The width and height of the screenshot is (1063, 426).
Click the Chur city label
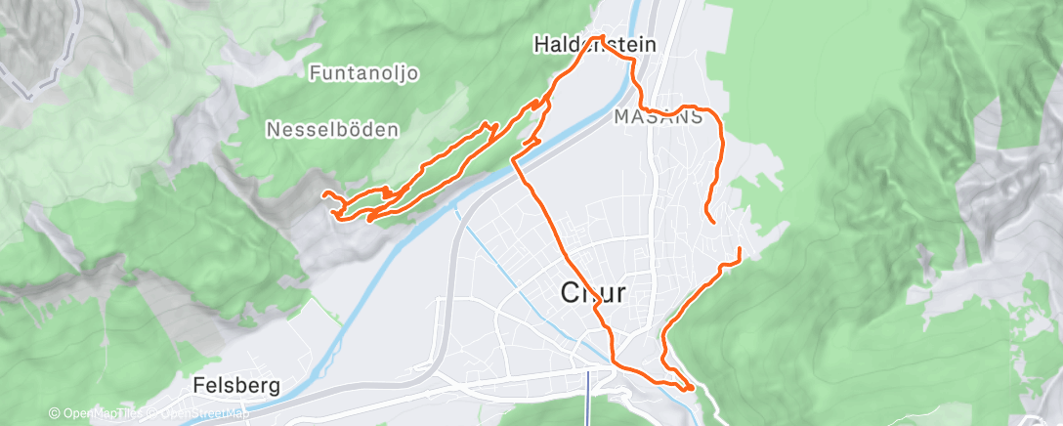[593, 292]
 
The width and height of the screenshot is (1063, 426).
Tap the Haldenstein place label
[593, 44]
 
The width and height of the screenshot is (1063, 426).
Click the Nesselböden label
[332, 128]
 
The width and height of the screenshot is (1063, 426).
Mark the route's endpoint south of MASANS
[715, 223]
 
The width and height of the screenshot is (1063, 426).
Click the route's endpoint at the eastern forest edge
[740, 250]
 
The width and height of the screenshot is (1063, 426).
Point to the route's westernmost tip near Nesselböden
[324, 194]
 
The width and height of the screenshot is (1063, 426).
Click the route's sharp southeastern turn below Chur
[691, 388]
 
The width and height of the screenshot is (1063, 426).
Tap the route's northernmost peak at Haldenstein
[601, 37]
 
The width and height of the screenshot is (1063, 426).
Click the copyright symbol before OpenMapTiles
[54, 413]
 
